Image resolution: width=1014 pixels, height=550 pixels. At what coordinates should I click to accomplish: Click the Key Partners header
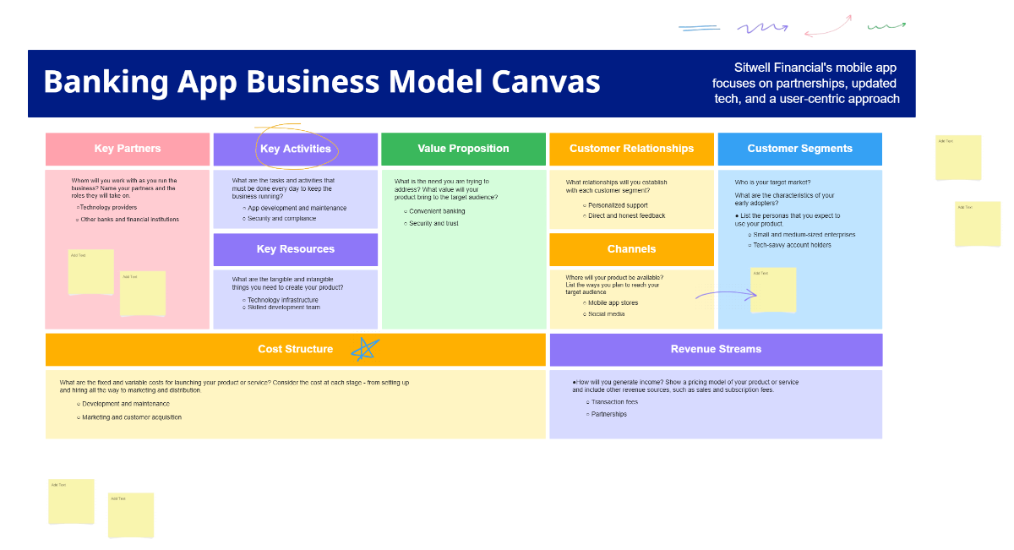128,149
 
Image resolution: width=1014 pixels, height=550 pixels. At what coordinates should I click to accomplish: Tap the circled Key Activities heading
296,150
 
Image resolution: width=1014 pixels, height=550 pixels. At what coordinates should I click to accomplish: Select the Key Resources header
296,249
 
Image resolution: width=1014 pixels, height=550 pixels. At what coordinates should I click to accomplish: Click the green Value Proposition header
463,149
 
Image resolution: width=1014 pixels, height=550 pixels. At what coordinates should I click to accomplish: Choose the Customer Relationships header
631,149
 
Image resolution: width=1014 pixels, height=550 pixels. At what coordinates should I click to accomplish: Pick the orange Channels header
631,249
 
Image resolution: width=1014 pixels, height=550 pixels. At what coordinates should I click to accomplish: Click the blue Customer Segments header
799,149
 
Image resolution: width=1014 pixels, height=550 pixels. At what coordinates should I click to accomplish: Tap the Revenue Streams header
716,349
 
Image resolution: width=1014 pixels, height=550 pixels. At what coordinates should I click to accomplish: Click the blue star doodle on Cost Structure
366,348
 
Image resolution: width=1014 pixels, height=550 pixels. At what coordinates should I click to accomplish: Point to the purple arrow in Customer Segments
726,295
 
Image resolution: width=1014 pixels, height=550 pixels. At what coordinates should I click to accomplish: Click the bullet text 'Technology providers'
108,207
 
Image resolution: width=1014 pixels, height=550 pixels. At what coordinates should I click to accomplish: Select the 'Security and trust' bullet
433,223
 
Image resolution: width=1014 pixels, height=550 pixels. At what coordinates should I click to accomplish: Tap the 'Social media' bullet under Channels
606,313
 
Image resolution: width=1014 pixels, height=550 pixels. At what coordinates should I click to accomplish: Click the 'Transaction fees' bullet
614,402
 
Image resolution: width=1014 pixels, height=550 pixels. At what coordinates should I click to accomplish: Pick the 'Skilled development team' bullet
283,308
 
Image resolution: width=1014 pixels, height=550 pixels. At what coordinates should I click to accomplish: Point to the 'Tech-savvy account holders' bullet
793,245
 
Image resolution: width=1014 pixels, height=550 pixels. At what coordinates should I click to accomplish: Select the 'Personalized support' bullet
618,205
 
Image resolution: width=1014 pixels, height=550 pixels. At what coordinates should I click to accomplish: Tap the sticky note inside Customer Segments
773,290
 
